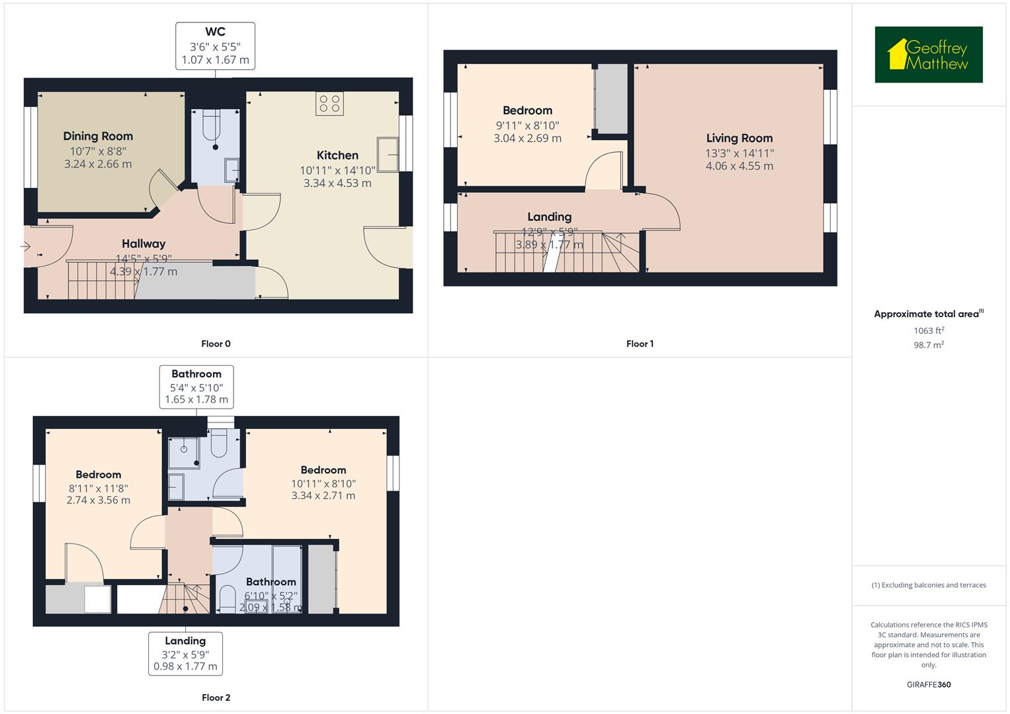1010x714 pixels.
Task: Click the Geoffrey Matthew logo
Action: click(928, 55)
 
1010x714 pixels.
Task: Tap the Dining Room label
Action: click(98, 136)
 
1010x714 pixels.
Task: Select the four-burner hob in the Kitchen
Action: click(329, 104)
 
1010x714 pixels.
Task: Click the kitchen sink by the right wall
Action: click(388, 153)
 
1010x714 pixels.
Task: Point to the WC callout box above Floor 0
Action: click(215, 46)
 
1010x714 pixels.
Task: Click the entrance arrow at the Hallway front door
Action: click(26, 247)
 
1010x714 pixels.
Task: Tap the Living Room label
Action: click(739, 138)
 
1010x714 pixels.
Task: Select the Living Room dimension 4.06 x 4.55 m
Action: click(739, 166)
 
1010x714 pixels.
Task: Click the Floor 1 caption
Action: click(640, 344)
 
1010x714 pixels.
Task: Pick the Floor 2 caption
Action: click(216, 697)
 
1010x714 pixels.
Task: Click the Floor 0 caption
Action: click(216, 344)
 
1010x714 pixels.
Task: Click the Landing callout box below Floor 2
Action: click(185, 653)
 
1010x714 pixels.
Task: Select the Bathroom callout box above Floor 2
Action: click(196, 387)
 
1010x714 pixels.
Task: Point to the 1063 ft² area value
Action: click(929, 331)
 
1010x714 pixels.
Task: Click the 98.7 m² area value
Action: click(929, 344)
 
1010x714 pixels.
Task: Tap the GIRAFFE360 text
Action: click(929, 684)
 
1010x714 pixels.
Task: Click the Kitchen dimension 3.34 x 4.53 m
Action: click(337, 183)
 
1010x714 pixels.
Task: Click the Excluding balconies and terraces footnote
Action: click(929, 585)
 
